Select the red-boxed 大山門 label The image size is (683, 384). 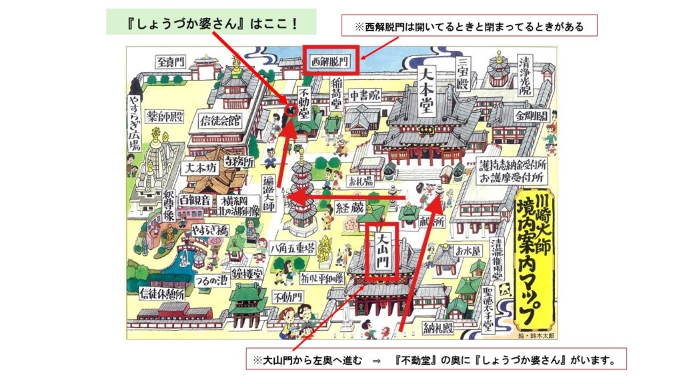click(382, 252)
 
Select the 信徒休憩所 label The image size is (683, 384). click(163, 294)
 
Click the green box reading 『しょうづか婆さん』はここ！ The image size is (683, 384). click(211, 22)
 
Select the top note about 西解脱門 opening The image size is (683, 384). click(469, 27)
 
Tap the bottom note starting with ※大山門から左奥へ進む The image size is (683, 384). click(437, 360)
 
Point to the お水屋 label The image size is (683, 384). click(468, 251)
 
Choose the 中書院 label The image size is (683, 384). click(365, 96)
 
